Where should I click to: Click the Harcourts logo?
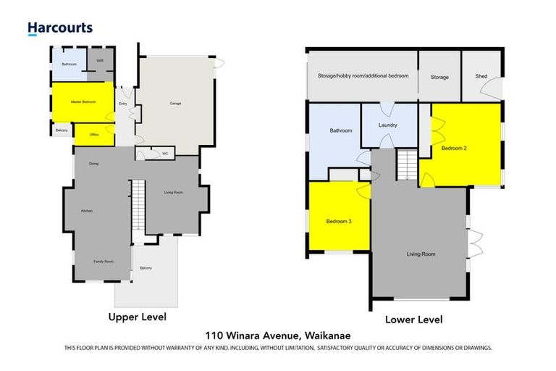click(60, 28)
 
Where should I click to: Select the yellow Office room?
click(94, 135)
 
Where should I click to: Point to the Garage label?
click(175, 104)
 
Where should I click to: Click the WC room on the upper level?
click(165, 153)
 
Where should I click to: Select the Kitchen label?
click(87, 210)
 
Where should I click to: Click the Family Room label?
click(104, 261)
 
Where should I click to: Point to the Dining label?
click(94, 164)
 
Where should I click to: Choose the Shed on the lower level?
click(481, 76)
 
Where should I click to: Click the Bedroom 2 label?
click(454, 148)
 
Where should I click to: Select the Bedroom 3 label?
click(338, 221)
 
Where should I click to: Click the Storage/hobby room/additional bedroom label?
click(363, 76)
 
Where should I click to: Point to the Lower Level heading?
click(414, 320)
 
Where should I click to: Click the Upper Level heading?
click(137, 317)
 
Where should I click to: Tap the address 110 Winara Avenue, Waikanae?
click(277, 336)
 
